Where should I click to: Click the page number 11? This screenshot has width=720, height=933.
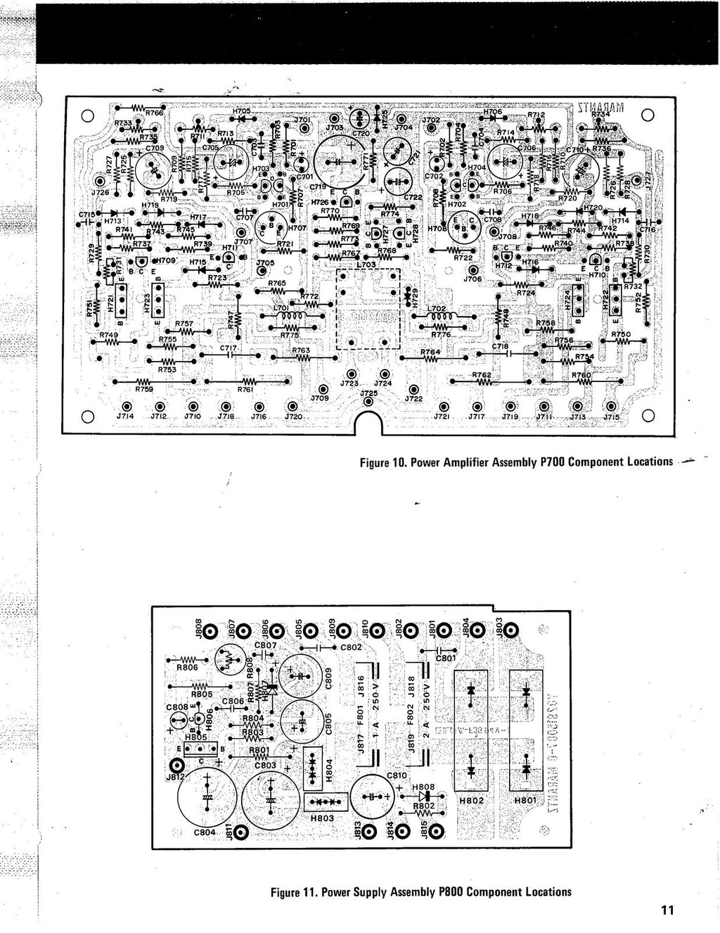[x=667, y=910]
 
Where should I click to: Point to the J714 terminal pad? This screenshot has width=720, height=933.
[x=127, y=407]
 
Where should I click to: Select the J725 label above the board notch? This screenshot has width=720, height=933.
[x=368, y=394]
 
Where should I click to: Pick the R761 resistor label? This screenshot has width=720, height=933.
[x=245, y=388]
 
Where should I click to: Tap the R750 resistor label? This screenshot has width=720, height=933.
[x=620, y=335]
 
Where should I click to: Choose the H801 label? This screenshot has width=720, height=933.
[x=525, y=800]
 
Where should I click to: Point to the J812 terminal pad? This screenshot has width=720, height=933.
[x=179, y=766]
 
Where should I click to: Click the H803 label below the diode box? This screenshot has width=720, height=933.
[x=322, y=818]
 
